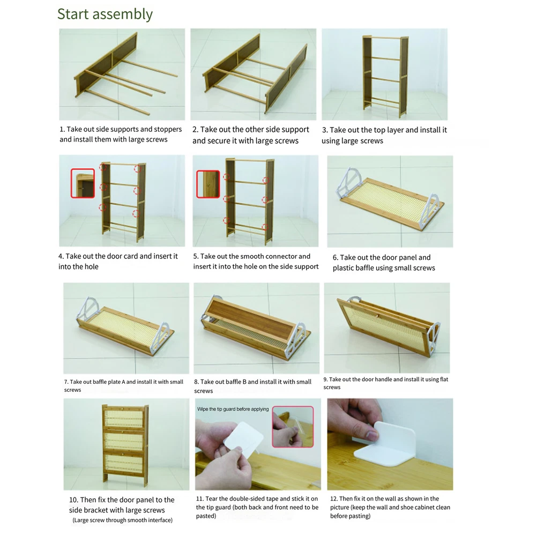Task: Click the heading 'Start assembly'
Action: (105, 14)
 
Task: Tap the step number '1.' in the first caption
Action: (62, 129)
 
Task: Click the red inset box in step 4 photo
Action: (83, 183)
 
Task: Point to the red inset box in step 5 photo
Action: (208, 184)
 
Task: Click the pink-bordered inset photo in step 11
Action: (293, 427)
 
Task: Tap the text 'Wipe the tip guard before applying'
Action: (233, 409)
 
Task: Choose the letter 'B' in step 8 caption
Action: (244, 382)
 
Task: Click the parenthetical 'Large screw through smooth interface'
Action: (122, 520)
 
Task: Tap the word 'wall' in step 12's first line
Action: (392, 498)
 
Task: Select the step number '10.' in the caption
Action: (73, 500)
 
